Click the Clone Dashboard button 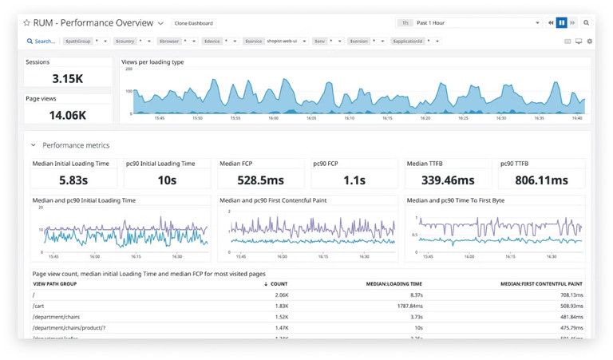point(193,24)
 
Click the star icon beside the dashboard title point(26,24)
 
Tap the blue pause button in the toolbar point(562,23)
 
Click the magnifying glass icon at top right point(586,23)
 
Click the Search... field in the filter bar point(42,41)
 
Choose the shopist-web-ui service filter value point(282,41)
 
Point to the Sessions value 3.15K point(67,78)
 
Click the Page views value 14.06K point(67,115)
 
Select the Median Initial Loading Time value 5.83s point(73,180)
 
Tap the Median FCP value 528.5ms point(261,180)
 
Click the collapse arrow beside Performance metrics point(33,145)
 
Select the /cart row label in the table point(39,306)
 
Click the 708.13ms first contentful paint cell point(568,295)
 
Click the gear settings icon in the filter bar point(590,41)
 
